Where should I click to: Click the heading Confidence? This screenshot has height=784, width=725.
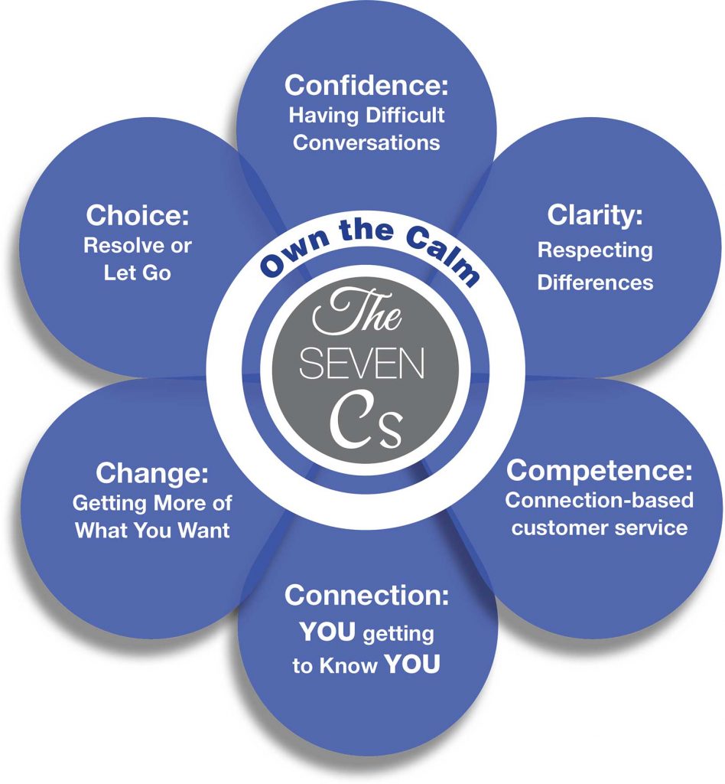[366, 85]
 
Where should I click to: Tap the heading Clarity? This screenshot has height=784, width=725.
[595, 216]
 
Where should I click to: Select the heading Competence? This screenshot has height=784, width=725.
[599, 471]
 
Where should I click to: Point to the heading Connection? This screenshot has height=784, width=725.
[366, 596]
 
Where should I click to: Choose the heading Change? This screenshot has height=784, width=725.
[151, 473]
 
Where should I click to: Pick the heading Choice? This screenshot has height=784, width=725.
[138, 215]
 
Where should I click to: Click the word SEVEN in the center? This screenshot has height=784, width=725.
[362, 364]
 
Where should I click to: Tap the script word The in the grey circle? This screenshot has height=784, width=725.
[357, 312]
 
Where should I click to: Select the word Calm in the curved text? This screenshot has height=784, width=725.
[442, 256]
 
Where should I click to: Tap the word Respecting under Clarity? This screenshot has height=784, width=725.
[595, 251]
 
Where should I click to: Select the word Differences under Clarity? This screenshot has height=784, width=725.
[595, 283]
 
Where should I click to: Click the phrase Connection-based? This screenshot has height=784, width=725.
[599, 500]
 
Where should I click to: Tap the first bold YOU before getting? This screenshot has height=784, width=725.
[327, 632]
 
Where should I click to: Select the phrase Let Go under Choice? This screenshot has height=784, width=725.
[138, 273]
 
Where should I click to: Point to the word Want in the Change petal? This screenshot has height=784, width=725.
[203, 530]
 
